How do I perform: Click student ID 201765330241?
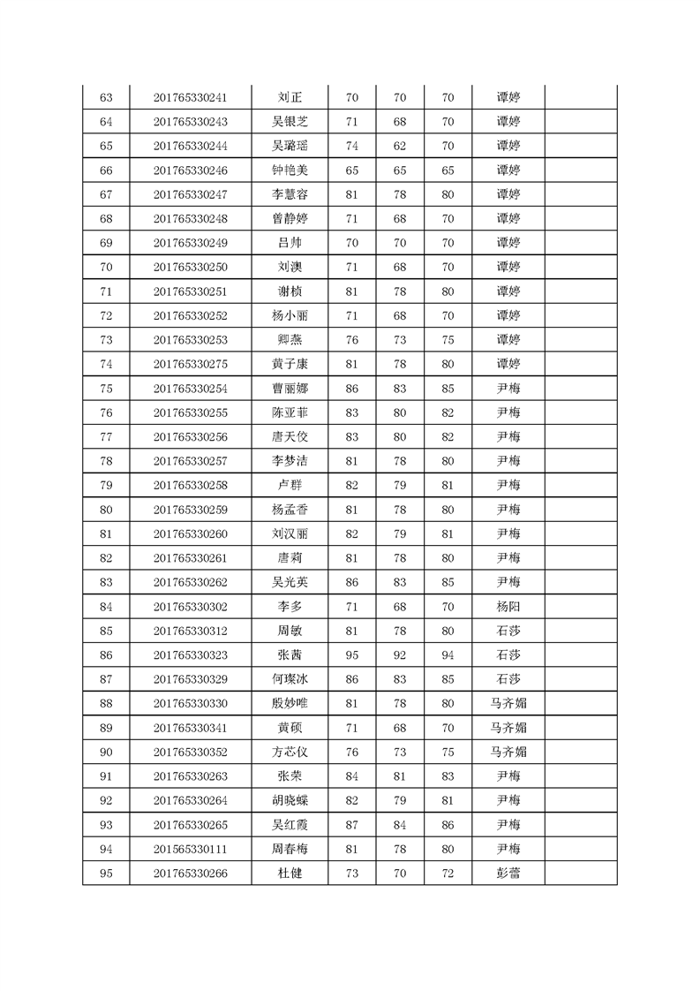[x=190, y=97]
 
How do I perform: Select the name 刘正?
[x=290, y=97]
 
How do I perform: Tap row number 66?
[x=106, y=170]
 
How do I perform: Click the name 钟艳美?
[x=290, y=170]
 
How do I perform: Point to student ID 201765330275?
[x=190, y=364]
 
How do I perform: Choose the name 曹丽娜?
[x=290, y=389]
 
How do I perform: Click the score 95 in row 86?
[x=351, y=655]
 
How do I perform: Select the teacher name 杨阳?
[x=508, y=607]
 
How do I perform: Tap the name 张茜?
[x=290, y=655]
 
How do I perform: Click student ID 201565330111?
[x=190, y=849]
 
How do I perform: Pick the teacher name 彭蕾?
[x=508, y=874]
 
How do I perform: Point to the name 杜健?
[x=290, y=874]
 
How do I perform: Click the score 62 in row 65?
[x=399, y=146]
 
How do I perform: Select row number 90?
[x=106, y=753]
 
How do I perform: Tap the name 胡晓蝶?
[x=290, y=800]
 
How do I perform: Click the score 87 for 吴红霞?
[x=351, y=825]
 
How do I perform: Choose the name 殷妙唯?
[x=290, y=704]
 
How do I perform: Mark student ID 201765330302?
[x=190, y=607]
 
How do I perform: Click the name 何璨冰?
[x=290, y=679]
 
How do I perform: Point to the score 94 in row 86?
[x=448, y=655]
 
